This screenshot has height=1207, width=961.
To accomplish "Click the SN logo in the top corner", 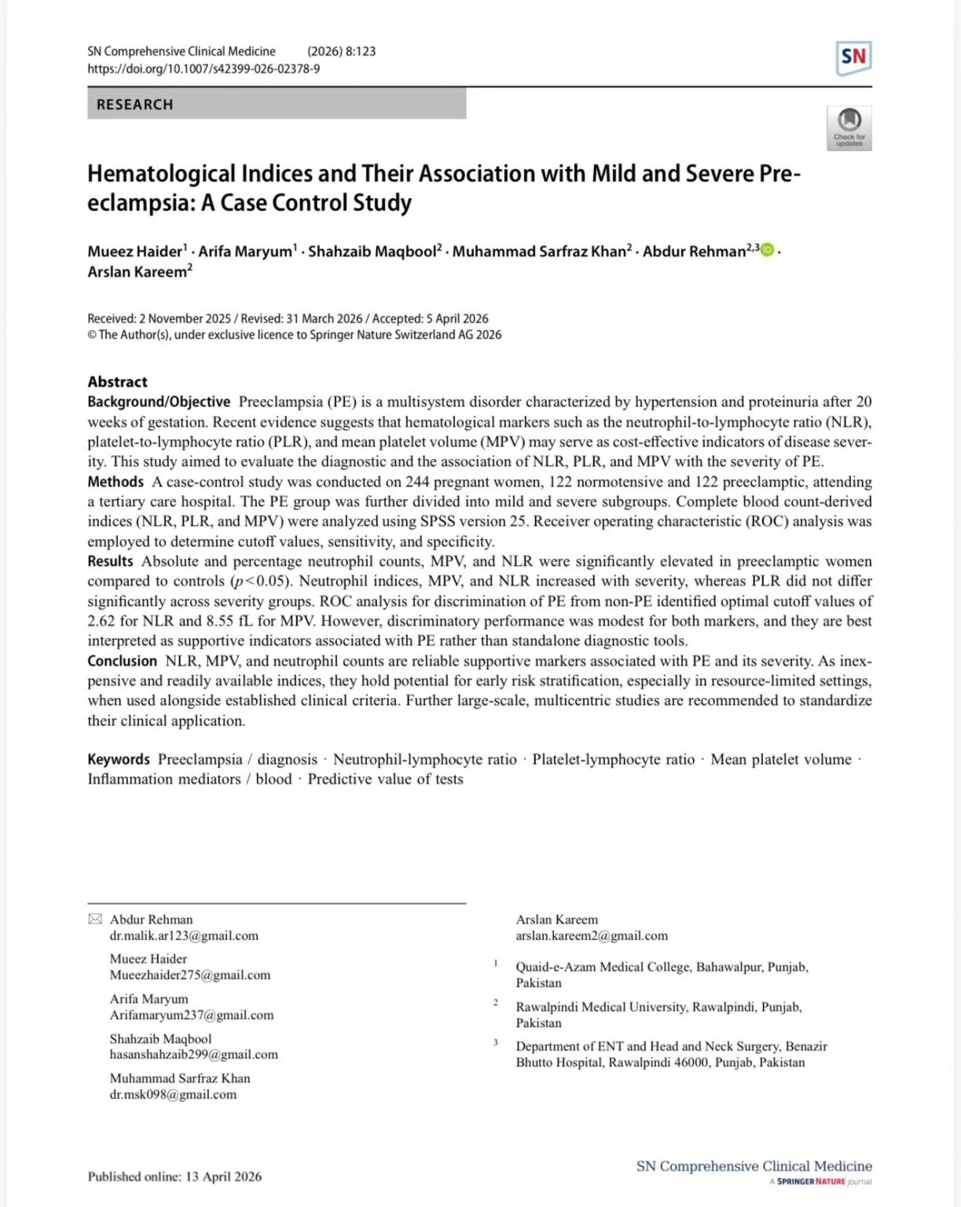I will coord(853,57).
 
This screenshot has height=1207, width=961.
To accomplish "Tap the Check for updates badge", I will coord(849,127).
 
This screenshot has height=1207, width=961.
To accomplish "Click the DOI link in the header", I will coord(204,68).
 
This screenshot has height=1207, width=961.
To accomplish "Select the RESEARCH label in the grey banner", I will coord(134,105).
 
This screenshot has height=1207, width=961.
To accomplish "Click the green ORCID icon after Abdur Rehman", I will coord(767,250).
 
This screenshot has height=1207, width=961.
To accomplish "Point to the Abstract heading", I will coord(117,382).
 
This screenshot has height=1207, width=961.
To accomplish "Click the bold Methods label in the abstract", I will coord(116,482).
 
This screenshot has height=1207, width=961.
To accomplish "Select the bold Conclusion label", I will coord(122,661).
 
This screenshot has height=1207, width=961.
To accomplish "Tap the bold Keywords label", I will coord(118,759).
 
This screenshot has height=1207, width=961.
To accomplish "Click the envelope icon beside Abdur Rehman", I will coord(95,919).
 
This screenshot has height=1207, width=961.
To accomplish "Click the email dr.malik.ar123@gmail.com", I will coord(184,936).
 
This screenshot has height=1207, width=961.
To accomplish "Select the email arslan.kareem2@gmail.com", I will coord(592,936).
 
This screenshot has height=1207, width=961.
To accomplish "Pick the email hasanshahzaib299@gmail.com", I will coord(193,1055).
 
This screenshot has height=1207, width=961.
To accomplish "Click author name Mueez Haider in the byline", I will coord(134,251).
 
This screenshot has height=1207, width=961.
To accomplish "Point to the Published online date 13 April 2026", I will coord(223,1176).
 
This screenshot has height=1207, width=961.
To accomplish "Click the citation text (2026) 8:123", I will coord(341,51).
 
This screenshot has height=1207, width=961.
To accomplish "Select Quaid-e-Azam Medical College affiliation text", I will coord(662,967).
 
